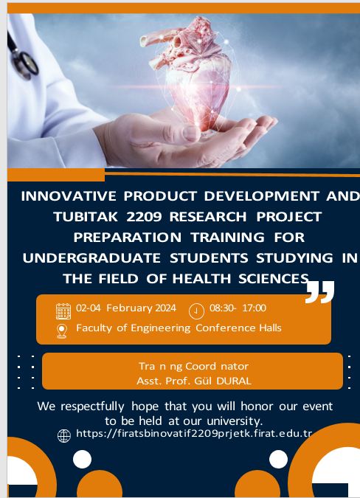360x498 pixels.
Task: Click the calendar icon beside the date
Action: point(63,311)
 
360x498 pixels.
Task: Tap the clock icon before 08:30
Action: point(196,311)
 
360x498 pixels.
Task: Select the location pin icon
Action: point(61,331)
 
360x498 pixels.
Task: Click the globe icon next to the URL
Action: point(64,436)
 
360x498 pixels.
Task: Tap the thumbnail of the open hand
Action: point(191,134)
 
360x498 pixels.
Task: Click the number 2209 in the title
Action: point(144,217)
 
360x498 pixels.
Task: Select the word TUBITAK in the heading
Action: point(86,217)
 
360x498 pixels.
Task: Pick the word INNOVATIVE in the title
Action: point(69,196)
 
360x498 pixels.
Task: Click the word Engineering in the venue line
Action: point(160,328)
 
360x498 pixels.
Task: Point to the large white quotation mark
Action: point(320,292)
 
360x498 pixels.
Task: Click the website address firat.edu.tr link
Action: point(194,433)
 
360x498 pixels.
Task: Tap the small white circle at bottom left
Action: point(82,459)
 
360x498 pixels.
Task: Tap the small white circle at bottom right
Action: point(278,459)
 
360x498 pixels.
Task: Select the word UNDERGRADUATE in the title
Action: point(91,258)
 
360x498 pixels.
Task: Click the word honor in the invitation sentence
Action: point(257,407)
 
